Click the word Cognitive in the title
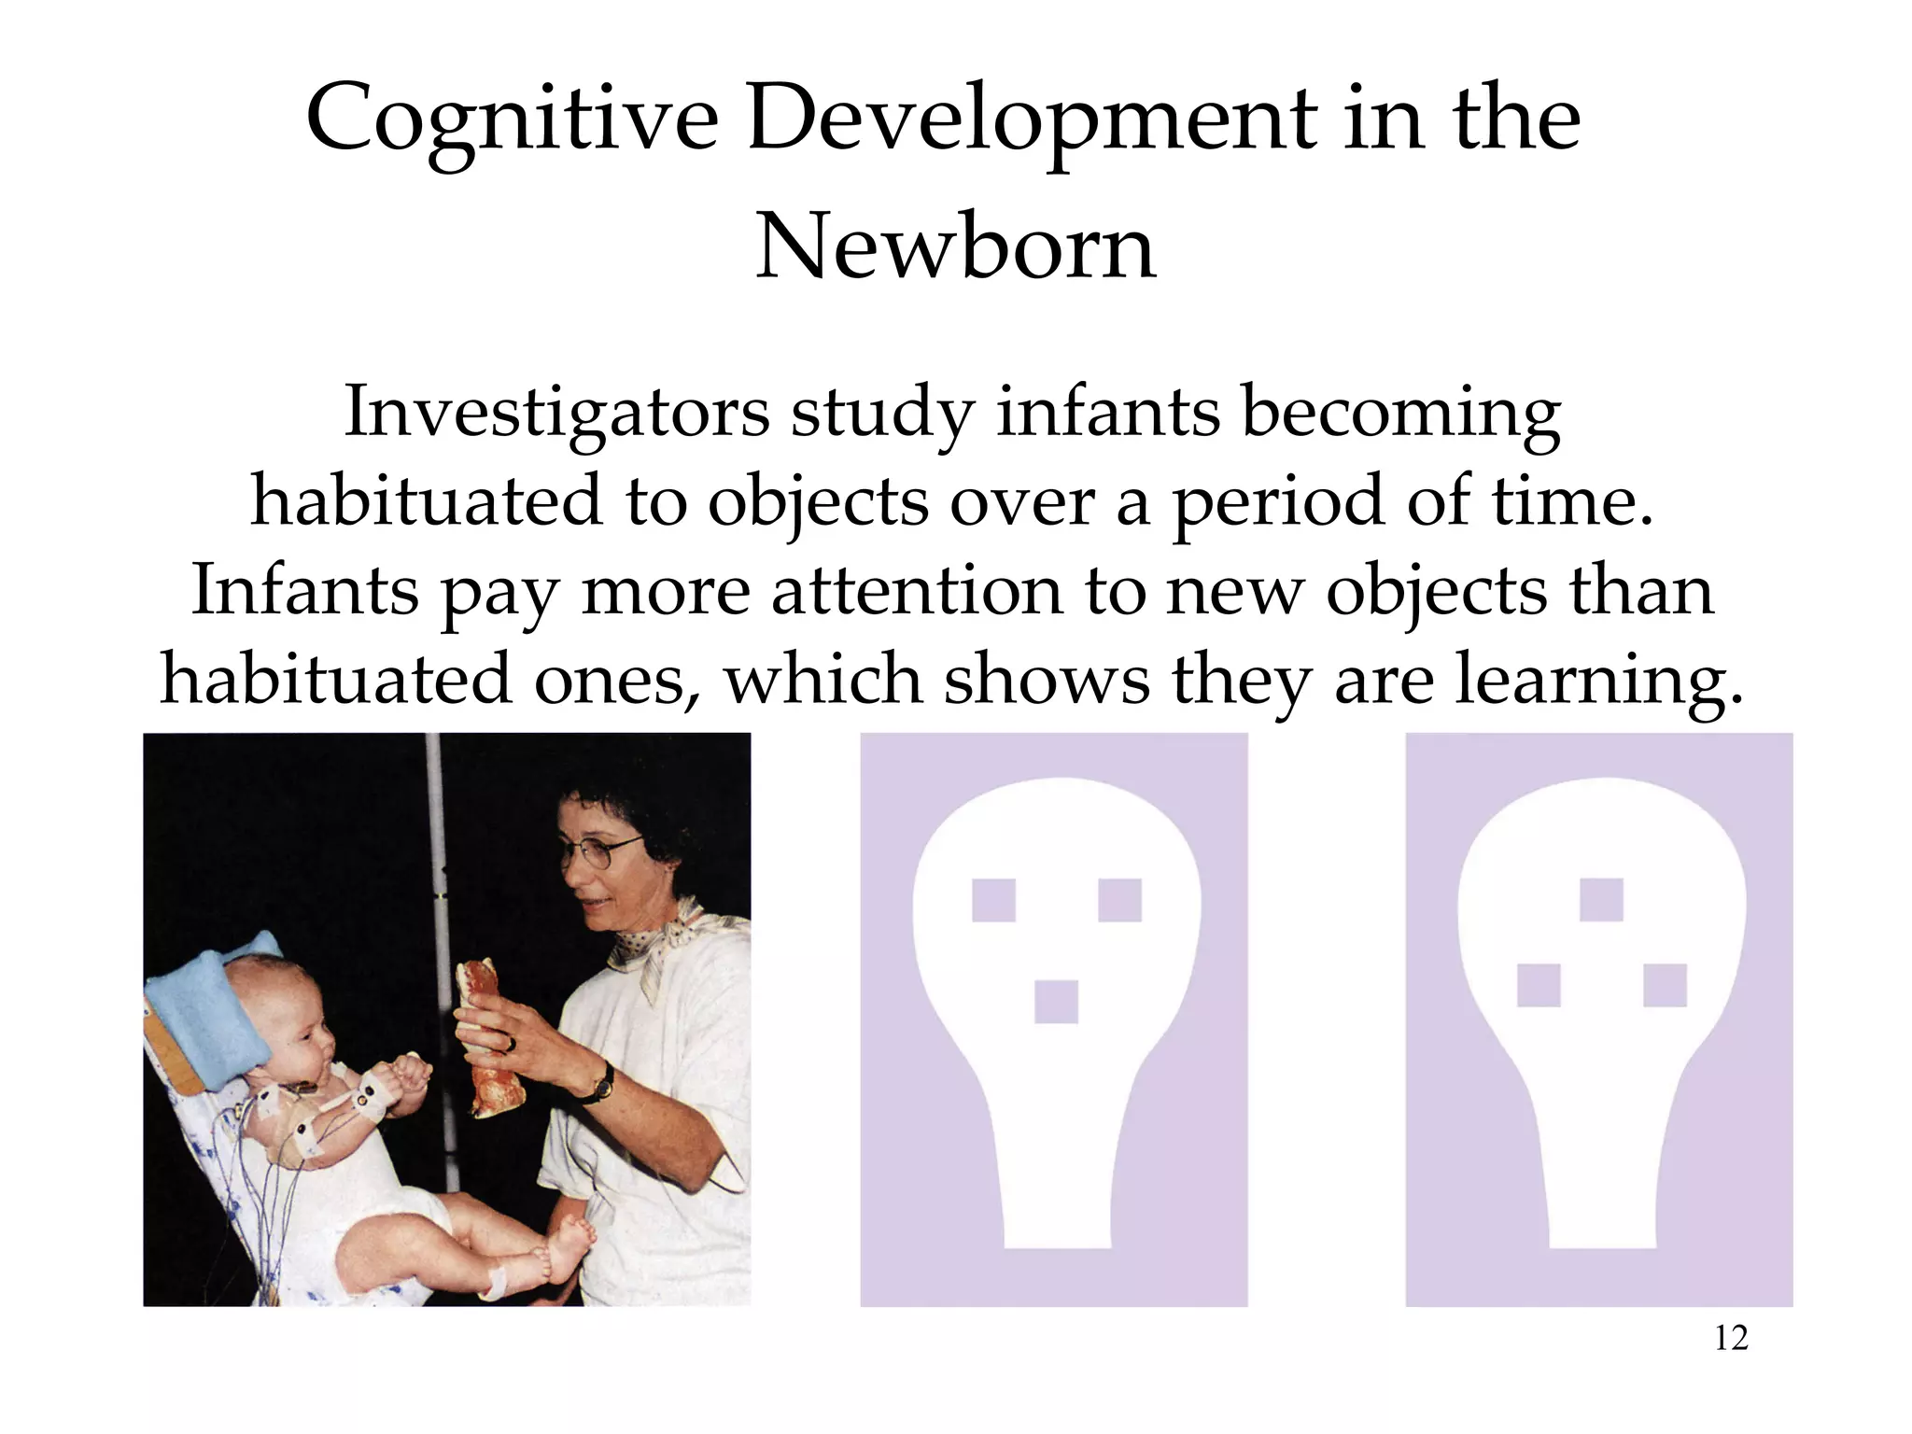(512, 121)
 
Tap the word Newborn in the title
(955, 247)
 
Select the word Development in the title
(1032, 121)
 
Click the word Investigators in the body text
(556, 413)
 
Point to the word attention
(918, 592)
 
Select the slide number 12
(1731, 1339)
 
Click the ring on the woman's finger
(510, 1043)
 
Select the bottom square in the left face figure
(1056, 1002)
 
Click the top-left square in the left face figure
(993, 900)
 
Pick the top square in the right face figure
(1601, 899)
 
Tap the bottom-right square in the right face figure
(1665, 985)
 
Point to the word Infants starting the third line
(304, 592)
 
